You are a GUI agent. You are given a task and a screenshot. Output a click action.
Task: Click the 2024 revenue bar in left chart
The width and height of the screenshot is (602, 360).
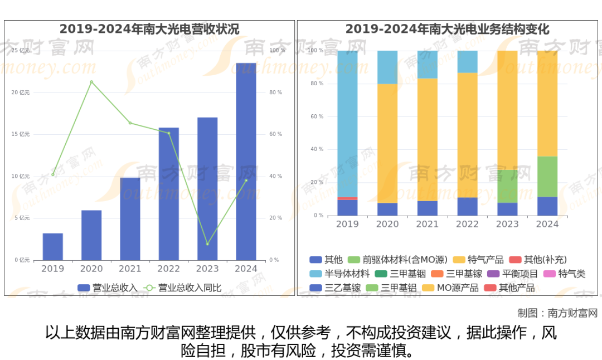(246, 162)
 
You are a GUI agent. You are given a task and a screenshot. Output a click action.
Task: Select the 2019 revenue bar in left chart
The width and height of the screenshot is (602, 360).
(52, 246)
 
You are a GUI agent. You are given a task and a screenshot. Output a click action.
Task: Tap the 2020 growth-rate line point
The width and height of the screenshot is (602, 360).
(91, 82)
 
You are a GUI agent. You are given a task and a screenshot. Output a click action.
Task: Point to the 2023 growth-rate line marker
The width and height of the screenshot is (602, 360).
(207, 244)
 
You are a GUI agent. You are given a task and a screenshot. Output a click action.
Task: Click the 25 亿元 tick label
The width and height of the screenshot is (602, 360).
(21, 51)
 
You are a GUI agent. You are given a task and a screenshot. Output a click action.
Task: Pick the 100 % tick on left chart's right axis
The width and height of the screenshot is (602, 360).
(276, 51)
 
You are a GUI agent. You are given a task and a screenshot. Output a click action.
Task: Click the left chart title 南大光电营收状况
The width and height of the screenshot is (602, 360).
(149, 29)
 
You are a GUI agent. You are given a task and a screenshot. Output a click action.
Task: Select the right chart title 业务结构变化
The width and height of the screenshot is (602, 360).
(447, 29)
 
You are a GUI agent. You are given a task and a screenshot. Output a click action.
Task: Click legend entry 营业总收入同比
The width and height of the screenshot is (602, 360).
(184, 288)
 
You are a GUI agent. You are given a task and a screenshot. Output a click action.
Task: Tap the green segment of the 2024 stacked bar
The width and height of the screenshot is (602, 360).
(547, 176)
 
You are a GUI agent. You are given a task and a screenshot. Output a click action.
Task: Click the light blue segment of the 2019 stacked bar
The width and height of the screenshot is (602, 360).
(347, 123)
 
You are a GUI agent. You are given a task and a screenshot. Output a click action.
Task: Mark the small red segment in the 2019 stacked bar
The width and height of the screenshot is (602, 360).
(347, 198)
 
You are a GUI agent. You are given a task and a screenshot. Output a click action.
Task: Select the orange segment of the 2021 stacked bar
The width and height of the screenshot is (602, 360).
(428, 139)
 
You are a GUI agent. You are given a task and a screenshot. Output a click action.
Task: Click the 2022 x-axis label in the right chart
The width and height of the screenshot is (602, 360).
(467, 224)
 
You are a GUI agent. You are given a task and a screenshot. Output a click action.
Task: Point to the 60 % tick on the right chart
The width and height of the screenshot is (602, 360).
(317, 116)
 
